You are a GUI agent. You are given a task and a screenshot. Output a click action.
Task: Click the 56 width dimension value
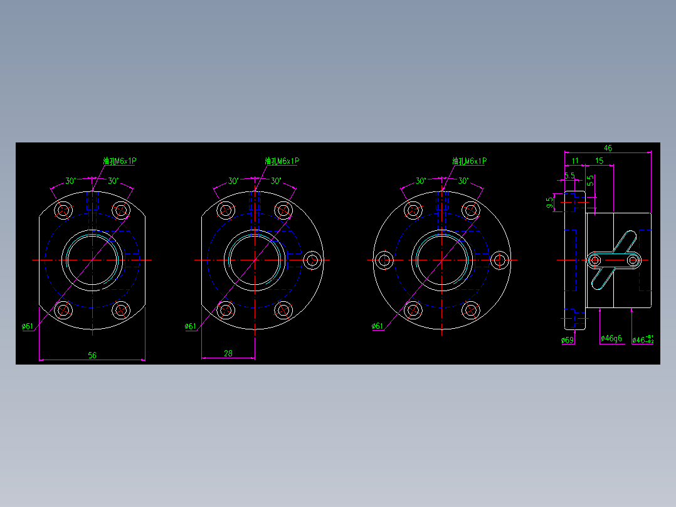pyautogui.click(x=92, y=355)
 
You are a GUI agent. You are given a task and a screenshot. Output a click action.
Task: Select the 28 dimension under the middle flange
pyautogui.click(x=228, y=353)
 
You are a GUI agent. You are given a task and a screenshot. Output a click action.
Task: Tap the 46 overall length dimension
pyautogui.click(x=608, y=148)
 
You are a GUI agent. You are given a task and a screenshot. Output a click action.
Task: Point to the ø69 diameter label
pyautogui.click(x=568, y=340)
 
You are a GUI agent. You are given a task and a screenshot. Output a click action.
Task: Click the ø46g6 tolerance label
pyautogui.click(x=611, y=339)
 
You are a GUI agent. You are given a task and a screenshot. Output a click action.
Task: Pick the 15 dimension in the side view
pyautogui.click(x=599, y=161)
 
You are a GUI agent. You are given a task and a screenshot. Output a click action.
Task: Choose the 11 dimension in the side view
pyautogui.click(x=575, y=161)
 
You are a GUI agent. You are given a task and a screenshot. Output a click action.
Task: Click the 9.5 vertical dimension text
pyautogui.click(x=550, y=202)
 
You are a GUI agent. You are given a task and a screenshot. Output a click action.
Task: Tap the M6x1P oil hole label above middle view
pyautogui.click(x=282, y=161)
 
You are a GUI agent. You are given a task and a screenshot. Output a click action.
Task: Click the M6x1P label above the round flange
pyautogui.click(x=469, y=161)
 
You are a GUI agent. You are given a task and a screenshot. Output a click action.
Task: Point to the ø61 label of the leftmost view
pyautogui.click(x=28, y=326)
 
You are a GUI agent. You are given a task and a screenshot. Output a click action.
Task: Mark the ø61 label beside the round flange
pyautogui.click(x=378, y=326)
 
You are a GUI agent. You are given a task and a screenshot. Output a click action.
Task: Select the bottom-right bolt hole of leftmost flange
pyautogui.click(x=121, y=309)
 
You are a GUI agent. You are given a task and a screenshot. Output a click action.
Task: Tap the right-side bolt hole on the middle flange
pyautogui.click(x=312, y=260)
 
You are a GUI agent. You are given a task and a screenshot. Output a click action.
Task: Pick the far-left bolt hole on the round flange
pyautogui.click(x=384, y=260)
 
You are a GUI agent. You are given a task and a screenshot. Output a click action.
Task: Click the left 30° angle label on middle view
pyautogui.click(x=233, y=181)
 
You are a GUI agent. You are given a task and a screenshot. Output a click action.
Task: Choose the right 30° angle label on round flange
pyautogui.click(x=463, y=181)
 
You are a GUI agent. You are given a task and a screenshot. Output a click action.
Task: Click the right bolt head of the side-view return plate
pyautogui.click(x=633, y=259)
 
